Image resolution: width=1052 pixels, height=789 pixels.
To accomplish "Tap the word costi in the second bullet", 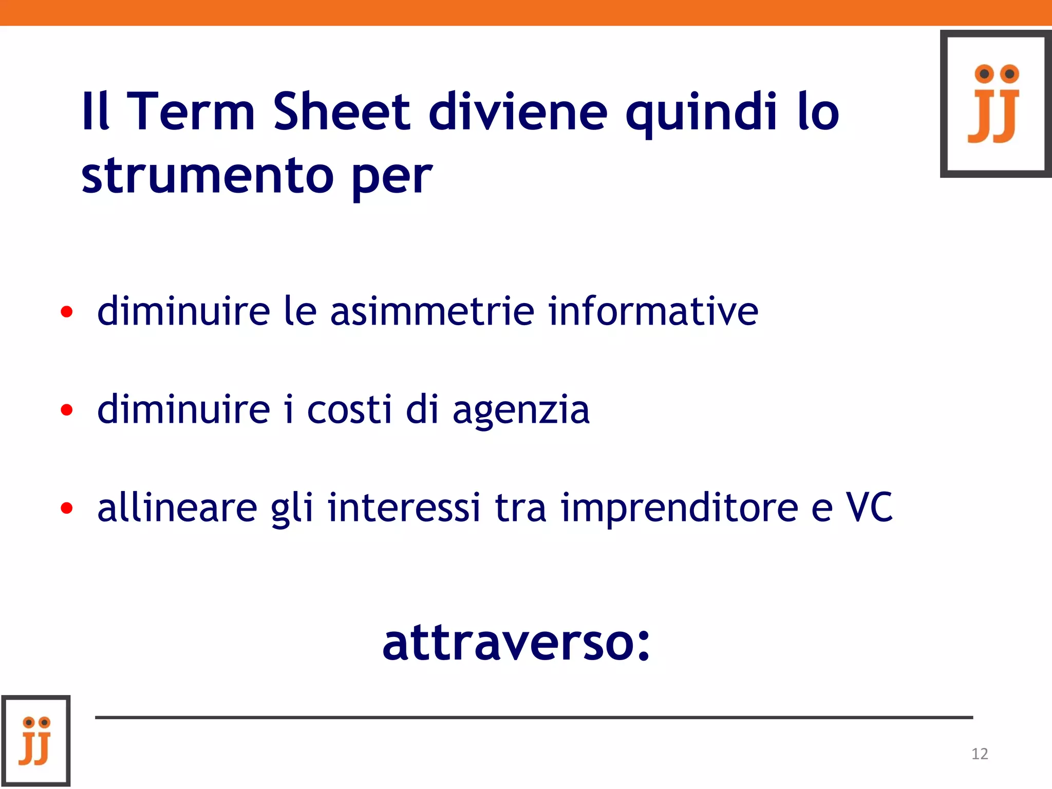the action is (x=349, y=409).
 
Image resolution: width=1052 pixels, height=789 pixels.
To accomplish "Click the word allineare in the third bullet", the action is (x=177, y=507).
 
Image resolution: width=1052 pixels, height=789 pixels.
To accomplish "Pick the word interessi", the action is (x=404, y=507).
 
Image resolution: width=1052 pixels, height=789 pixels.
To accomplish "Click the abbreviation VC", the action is (x=869, y=507).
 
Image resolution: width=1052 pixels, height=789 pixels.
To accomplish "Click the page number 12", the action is (x=980, y=754).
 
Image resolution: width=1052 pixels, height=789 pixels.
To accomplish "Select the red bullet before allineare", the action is (x=67, y=508).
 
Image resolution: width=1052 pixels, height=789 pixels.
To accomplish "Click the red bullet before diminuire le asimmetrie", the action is (x=67, y=311).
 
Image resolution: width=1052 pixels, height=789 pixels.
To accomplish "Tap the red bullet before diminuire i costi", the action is (x=67, y=409).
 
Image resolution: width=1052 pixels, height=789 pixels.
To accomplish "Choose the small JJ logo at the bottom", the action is (x=35, y=741).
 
